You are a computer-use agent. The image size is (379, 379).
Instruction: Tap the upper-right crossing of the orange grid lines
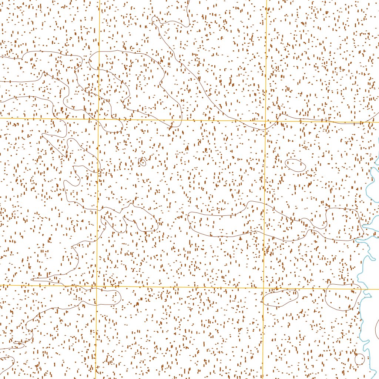pos(266,121)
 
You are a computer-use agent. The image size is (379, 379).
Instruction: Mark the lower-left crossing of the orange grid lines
pos(97,286)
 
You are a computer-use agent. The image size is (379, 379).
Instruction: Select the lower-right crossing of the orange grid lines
pos(264,288)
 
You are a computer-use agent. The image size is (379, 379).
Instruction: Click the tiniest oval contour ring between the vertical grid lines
pos(142,162)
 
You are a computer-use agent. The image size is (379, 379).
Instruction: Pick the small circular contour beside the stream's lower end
pos(359,359)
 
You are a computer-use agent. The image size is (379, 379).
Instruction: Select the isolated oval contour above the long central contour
pos(296,165)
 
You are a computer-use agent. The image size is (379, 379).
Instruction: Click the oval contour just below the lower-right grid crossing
pos(280,298)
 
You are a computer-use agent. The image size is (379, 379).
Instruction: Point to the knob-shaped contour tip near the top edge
pos(156,20)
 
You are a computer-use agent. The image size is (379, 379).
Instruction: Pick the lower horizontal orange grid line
pos(178,287)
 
